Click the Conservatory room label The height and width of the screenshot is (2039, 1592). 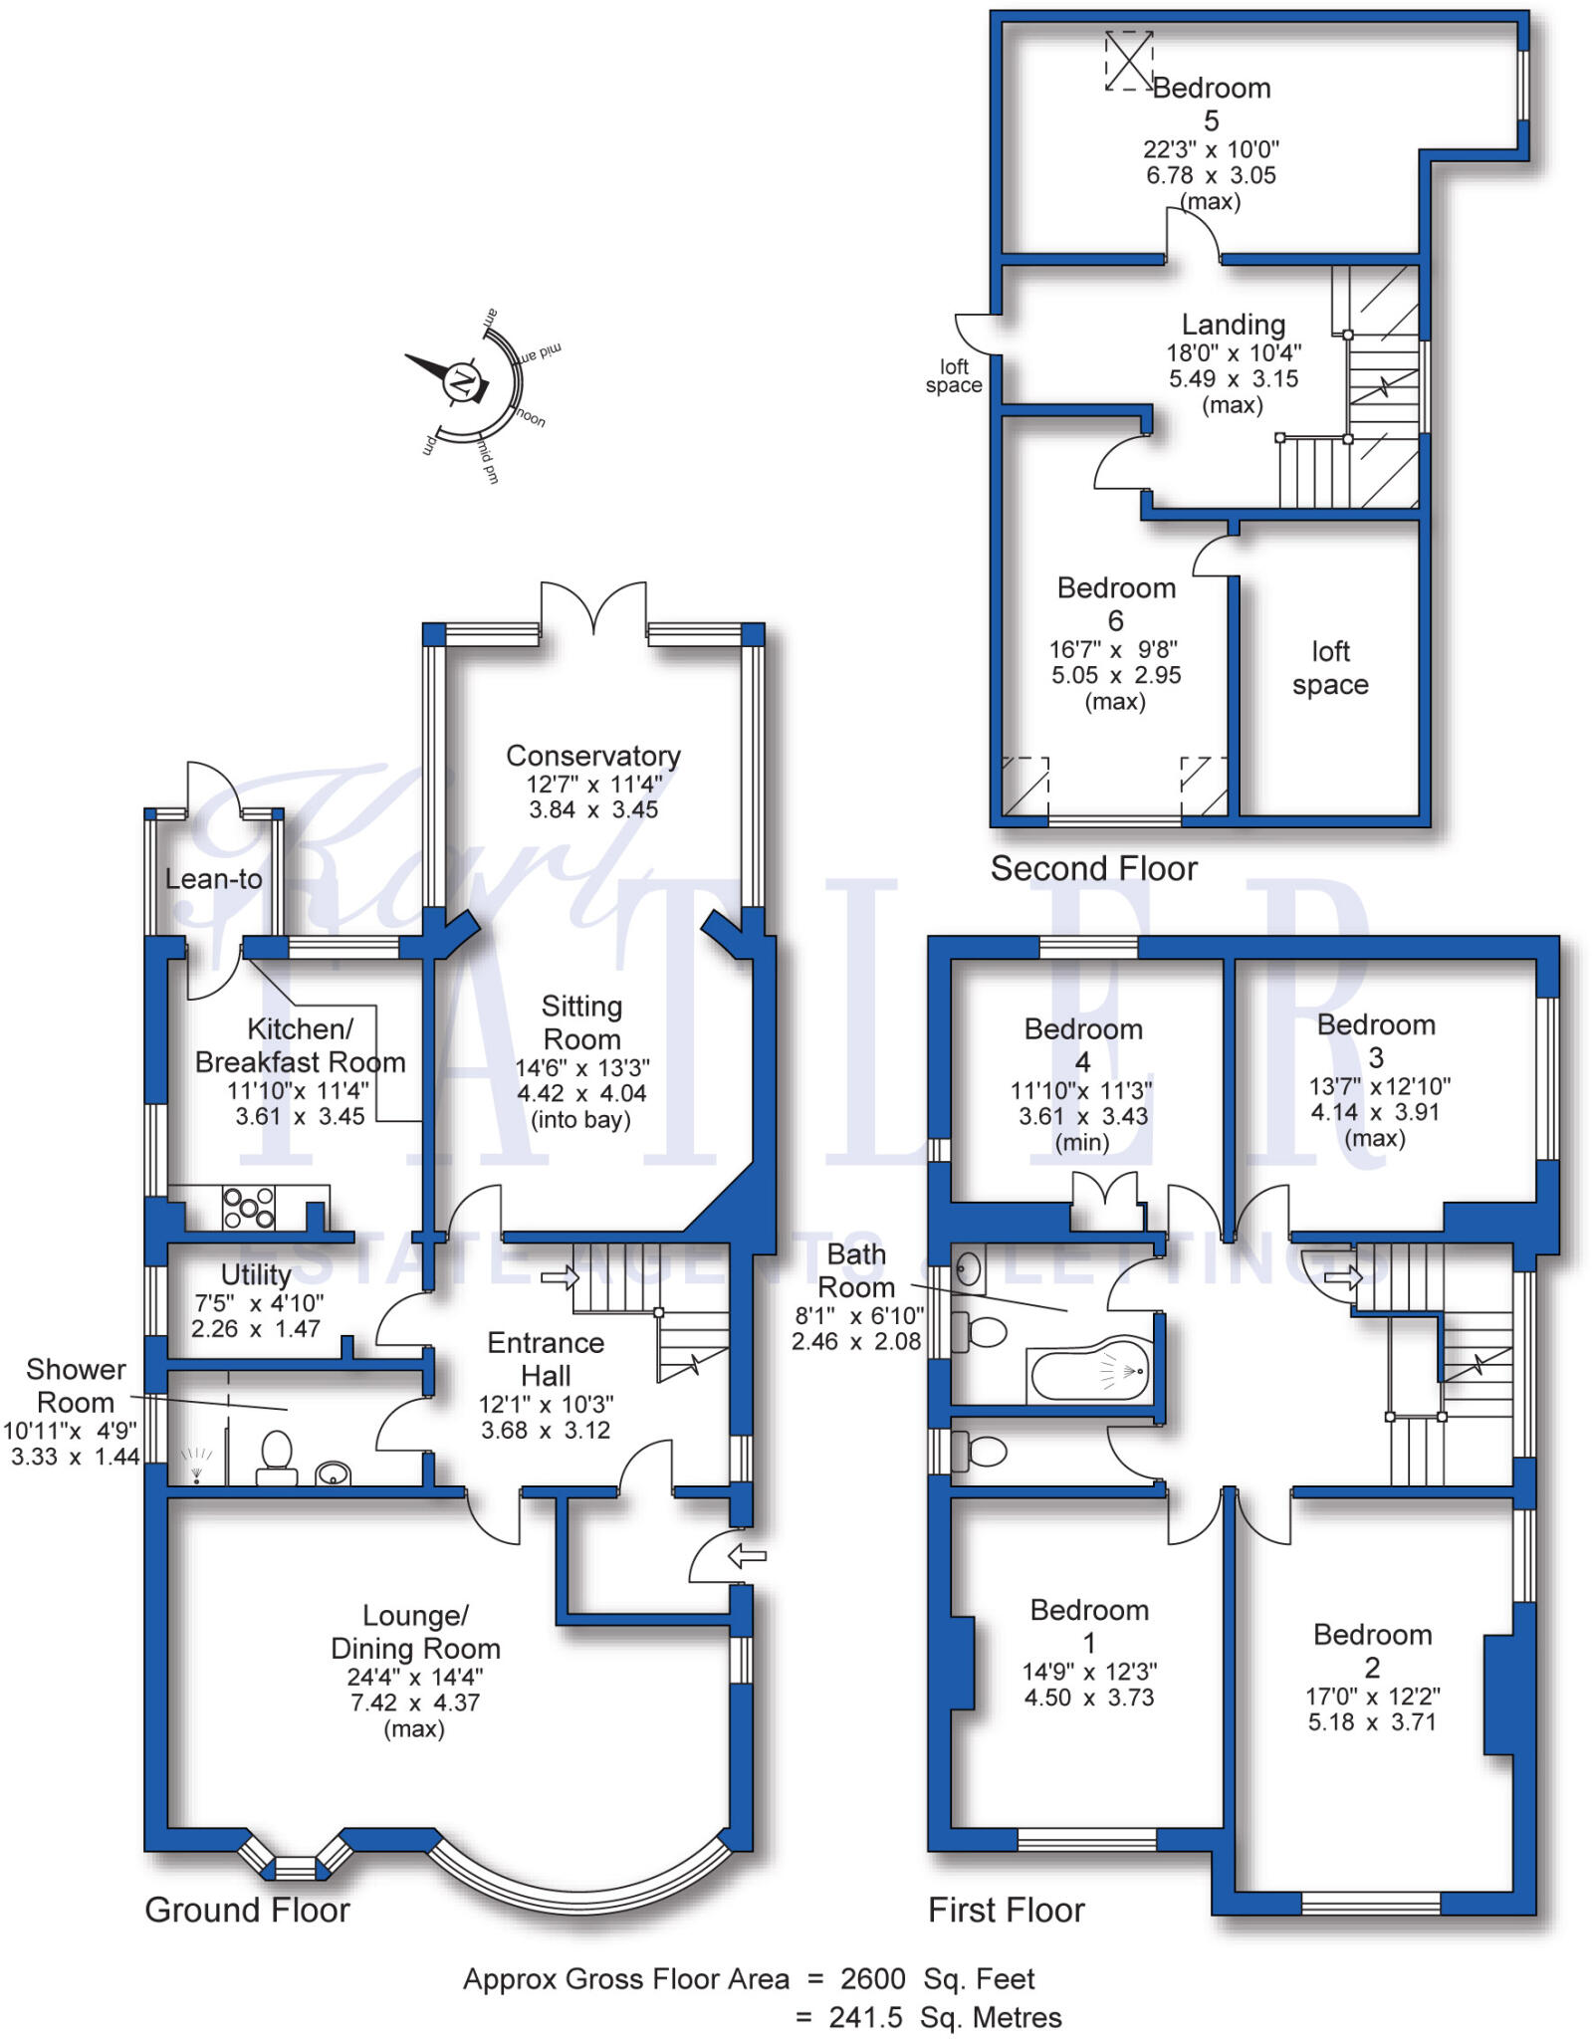(x=592, y=756)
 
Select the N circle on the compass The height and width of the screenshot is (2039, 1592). (x=461, y=381)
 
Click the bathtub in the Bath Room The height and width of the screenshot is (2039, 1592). (x=1090, y=1372)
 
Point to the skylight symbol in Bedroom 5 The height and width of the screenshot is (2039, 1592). (x=1129, y=61)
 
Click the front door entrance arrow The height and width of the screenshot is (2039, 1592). (x=747, y=1555)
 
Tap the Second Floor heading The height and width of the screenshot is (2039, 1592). (x=1093, y=868)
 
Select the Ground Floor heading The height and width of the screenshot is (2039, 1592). (x=247, y=1910)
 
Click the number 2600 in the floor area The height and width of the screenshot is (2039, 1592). (x=872, y=1978)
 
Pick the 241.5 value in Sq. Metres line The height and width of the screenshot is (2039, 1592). (x=865, y=2017)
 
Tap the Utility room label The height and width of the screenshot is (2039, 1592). (x=256, y=1274)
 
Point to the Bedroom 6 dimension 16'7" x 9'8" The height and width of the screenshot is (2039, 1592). (x=1114, y=649)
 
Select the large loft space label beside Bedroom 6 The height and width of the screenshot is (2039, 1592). (x=1330, y=668)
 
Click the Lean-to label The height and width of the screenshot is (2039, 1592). (x=213, y=879)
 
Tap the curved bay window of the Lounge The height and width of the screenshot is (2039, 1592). (x=583, y=1894)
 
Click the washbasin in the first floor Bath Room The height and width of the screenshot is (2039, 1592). (x=968, y=1269)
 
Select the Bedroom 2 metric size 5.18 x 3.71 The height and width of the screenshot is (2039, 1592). (x=1372, y=1721)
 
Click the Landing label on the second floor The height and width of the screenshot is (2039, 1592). (x=1233, y=325)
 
